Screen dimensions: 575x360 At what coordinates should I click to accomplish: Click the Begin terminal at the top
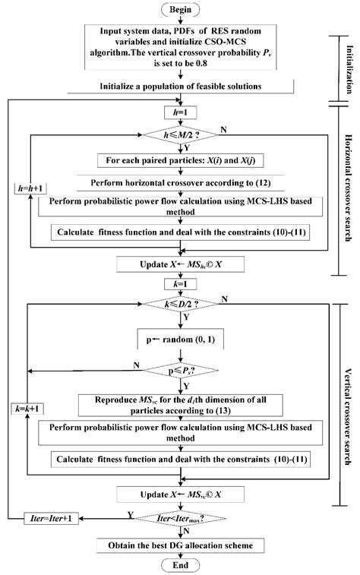point(179,11)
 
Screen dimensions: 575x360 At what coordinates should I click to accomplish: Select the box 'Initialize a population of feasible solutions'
point(179,86)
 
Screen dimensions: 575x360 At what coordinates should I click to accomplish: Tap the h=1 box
point(179,114)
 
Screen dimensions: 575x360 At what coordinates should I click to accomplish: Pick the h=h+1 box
point(30,209)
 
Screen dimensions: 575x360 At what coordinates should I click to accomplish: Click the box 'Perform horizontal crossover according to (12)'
point(179,183)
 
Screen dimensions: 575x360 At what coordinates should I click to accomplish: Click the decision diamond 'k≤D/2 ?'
point(179,305)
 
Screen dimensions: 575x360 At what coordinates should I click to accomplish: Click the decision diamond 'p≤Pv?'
point(179,371)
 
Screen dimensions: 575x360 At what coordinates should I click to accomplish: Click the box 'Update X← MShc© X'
point(179,264)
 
